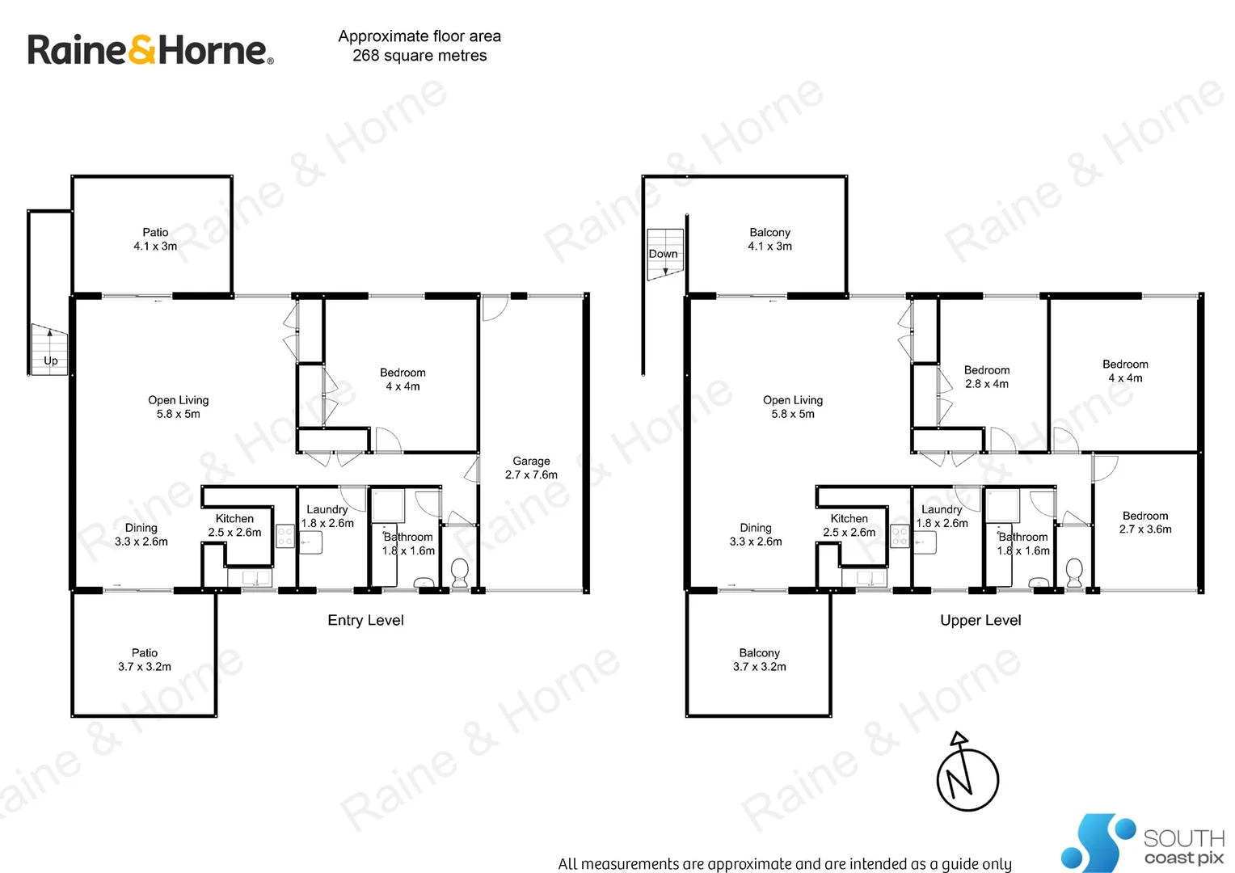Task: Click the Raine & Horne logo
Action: [150, 50]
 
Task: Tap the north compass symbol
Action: [967, 778]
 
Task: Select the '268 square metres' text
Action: [419, 56]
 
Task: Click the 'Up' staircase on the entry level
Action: [49, 349]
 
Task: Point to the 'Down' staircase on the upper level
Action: [665, 253]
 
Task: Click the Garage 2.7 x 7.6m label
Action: [531, 468]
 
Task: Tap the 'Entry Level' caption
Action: [365, 620]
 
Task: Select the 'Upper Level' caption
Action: [980, 620]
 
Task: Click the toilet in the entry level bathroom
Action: [459, 571]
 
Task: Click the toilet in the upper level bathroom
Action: [1074, 571]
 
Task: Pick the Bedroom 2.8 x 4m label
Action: [986, 377]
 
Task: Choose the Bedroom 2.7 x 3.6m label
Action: [1144, 522]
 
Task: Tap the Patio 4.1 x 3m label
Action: [155, 239]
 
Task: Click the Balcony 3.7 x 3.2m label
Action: [759, 660]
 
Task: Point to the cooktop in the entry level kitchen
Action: [285, 537]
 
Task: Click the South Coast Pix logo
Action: [1143, 843]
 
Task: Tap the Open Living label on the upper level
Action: [792, 407]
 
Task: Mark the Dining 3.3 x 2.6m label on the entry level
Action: [141, 534]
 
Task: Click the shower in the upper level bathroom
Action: [1003, 506]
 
